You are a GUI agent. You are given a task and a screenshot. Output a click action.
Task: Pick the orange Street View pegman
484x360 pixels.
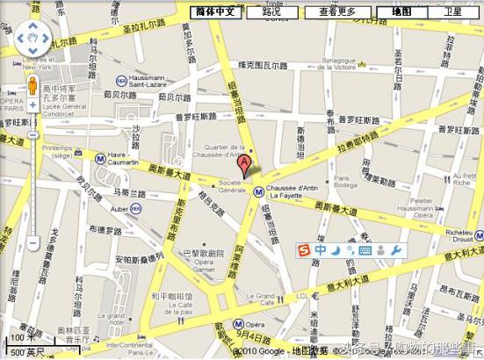point(33,86)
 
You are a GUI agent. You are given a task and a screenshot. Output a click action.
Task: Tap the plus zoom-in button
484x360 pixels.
point(33,104)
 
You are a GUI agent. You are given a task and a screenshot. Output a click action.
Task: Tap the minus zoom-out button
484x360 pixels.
point(33,242)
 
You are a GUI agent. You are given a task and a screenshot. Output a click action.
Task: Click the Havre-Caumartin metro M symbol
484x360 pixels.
point(102,159)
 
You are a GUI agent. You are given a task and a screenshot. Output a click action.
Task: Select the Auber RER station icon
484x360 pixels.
point(137,208)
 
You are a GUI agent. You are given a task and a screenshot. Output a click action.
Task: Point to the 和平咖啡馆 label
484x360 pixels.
point(170,295)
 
